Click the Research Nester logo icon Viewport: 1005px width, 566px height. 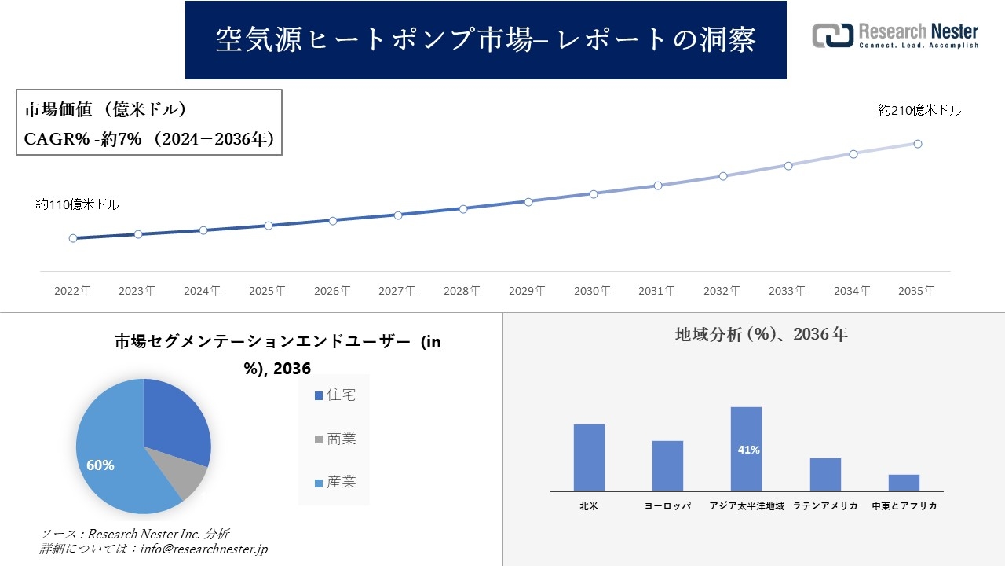pos(832,35)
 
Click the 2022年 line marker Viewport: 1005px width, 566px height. pos(73,238)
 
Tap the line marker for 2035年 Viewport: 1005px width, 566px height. pos(918,144)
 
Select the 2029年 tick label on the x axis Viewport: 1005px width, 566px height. pos(527,291)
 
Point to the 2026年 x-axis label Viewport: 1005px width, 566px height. pos(332,291)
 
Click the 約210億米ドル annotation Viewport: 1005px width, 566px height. pos(919,111)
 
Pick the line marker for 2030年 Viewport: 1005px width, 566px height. pos(594,193)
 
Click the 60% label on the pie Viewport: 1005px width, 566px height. pos(100,465)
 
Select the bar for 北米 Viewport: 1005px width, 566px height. pos(589,458)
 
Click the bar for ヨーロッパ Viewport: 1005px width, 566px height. pos(667,465)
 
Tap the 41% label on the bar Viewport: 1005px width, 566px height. pos(748,450)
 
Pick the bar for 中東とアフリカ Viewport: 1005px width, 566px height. pos(904,483)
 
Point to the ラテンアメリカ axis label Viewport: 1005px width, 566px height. pos(825,506)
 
